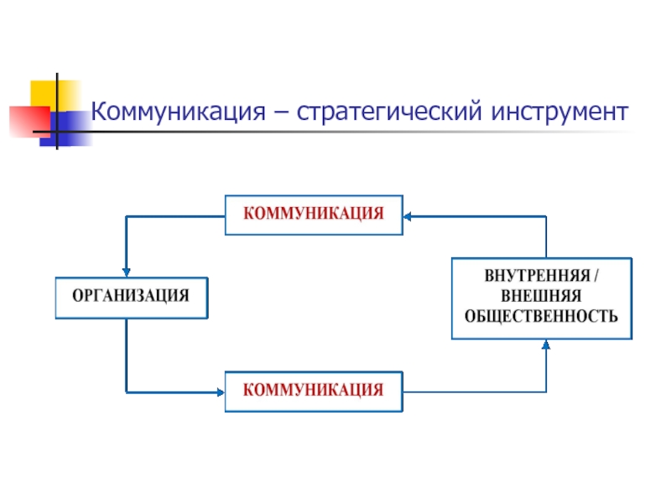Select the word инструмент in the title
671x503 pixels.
(x=559, y=112)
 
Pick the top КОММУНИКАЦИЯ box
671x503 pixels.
(x=314, y=215)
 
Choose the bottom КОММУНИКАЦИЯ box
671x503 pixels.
(x=314, y=392)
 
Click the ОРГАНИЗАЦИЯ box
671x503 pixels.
(x=132, y=298)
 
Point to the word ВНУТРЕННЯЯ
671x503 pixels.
(x=537, y=276)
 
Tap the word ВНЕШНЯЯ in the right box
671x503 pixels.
(x=541, y=296)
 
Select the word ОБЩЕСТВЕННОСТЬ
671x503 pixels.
(x=541, y=317)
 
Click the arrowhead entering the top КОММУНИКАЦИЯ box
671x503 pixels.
(x=408, y=217)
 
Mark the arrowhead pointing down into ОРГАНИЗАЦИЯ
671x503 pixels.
(x=127, y=272)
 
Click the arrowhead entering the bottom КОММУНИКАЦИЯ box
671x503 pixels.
(x=221, y=392)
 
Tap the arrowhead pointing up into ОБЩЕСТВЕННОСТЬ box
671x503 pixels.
(x=546, y=345)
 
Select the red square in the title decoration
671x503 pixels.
(x=29, y=122)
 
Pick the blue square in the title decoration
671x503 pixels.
(x=66, y=129)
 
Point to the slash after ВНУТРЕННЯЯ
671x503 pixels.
(x=596, y=276)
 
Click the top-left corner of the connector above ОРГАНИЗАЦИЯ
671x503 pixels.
(x=127, y=217)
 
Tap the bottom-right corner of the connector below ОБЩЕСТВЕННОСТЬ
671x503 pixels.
(x=546, y=392)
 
